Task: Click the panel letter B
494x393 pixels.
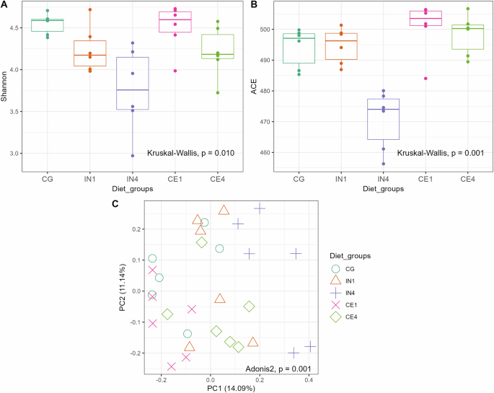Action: tap(252, 5)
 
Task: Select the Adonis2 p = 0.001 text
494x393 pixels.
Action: tap(274, 368)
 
